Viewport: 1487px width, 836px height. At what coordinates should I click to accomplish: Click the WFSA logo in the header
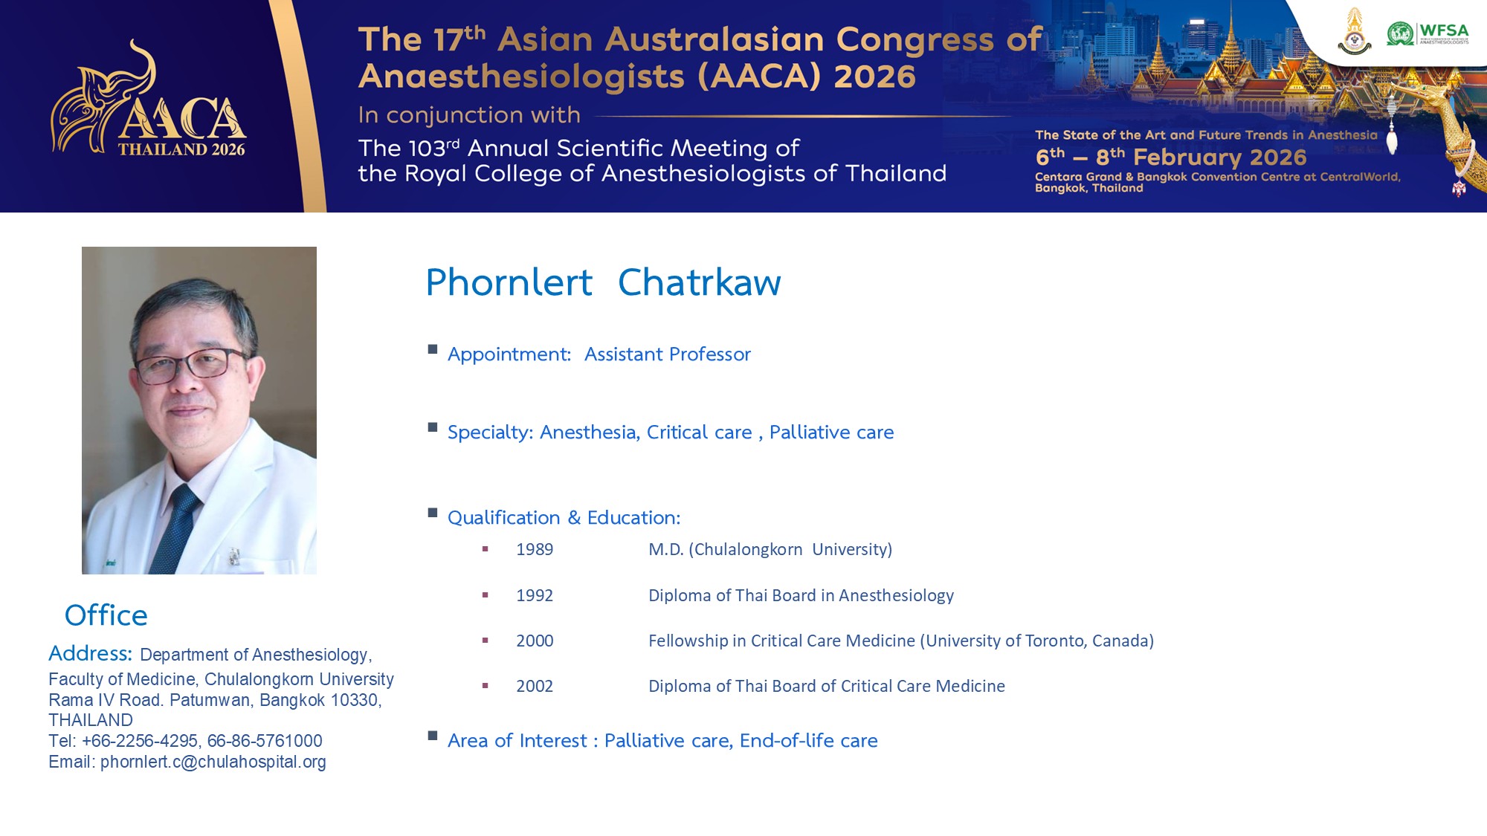(x=1428, y=33)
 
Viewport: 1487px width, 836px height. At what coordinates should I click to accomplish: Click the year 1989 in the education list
(x=535, y=549)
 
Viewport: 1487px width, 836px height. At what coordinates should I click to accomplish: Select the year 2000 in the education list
(x=535, y=641)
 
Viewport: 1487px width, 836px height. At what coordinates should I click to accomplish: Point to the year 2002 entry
(x=535, y=686)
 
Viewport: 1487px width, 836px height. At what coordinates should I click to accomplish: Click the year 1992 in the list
(x=535, y=595)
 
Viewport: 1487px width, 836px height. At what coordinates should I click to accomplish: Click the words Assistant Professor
(x=668, y=354)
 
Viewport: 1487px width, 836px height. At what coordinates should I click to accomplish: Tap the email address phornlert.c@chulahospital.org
(x=213, y=762)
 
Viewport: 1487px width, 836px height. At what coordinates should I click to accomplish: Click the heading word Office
(x=106, y=615)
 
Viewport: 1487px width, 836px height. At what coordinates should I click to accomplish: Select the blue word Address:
(x=90, y=653)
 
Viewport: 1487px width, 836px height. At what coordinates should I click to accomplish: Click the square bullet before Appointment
(x=433, y=349)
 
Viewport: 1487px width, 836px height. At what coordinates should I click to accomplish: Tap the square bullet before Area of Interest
(x=433, y=736)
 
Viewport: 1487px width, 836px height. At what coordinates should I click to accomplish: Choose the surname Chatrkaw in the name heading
(x=700, y=282)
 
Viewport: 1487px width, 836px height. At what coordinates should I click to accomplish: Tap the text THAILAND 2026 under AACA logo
(x=181, y=149)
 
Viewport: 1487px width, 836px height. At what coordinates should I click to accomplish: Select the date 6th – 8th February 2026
(x=1171, y=157)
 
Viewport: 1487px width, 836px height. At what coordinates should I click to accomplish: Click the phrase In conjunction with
(x=469, y=115)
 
